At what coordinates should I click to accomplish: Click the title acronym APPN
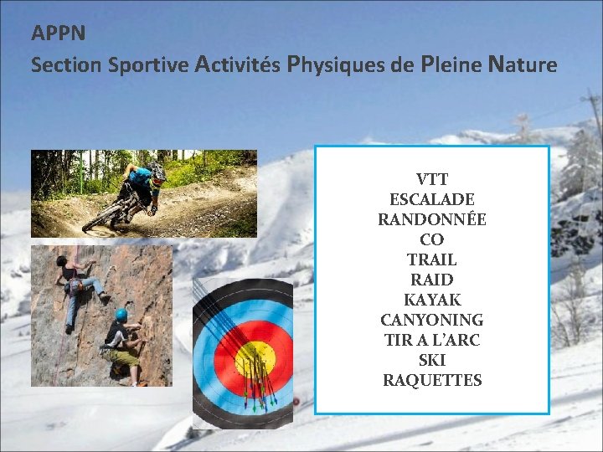[59, 34]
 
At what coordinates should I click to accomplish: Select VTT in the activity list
[432, 179]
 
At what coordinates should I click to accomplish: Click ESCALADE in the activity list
[432, 199]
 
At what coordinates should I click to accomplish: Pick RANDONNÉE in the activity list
[432, 219]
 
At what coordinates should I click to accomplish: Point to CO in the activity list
[432, 239]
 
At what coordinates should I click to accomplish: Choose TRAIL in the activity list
[432, 259]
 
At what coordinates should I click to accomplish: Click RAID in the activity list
[432, 280]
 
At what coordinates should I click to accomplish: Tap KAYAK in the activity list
[432, 300]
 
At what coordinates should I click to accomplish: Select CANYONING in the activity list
[432, 320]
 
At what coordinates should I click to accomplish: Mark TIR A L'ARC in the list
[432, 340]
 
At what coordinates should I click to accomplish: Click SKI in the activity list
[432, 360]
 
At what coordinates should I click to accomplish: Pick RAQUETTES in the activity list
[432, 380]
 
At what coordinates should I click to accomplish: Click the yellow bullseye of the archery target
[255, 361]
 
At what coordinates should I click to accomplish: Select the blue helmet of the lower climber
[121, 315]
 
